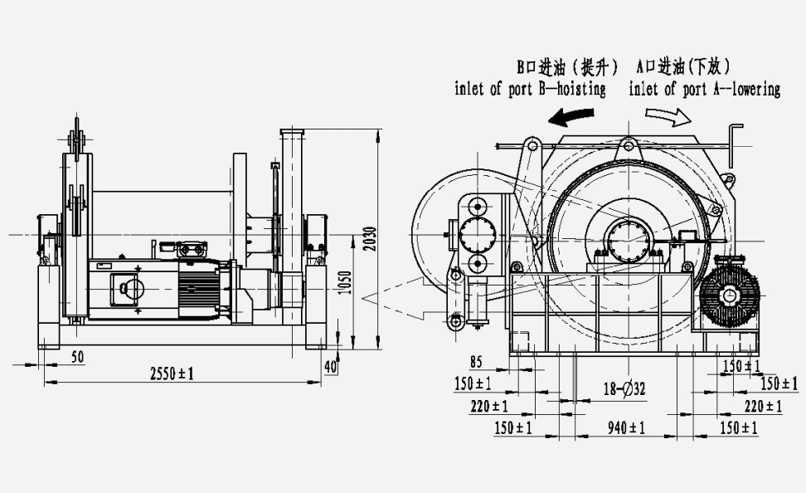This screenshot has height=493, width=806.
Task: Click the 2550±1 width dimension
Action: pyautogui.click(x=172, y=373)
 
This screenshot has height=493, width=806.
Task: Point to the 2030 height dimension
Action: pyautogui.click(x=370, y=239)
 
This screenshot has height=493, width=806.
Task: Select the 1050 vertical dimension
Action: pyautogui.click(x=346, y=282)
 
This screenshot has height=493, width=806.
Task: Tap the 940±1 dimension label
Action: pyautogui.click(x=627, y=427)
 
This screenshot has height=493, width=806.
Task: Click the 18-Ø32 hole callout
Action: pyautogui.click(x=624, y=388)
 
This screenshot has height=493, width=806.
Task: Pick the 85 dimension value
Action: pyautogui.click(x=476, y=363)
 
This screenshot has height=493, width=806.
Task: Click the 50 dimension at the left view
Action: pyautogui.click(x=78, y=357)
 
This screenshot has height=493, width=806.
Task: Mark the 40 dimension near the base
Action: pyautogui.click(x=331, y=366)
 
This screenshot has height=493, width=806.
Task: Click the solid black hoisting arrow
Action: pyautogui.click(x=571, y=117)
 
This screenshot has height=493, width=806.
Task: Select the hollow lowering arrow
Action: pyautogui.click(x=668, y=117)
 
